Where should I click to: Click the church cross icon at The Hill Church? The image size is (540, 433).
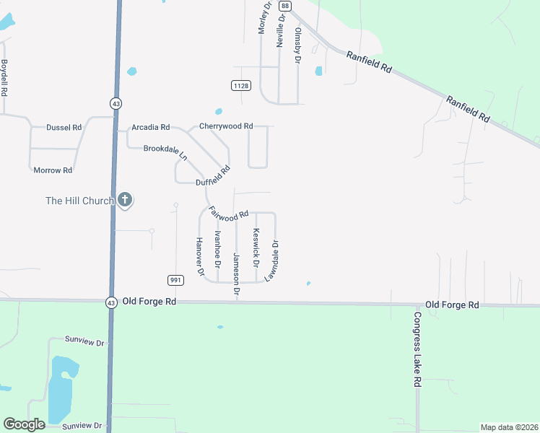click(x=125, y=200)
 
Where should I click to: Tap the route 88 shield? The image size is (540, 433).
click(x=287, y=6)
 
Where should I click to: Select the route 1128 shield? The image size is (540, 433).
click(x=241, y=86)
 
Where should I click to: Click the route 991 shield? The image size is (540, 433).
click(x=175, y=279)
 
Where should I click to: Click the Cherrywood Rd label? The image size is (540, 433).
click(x=226, y=126)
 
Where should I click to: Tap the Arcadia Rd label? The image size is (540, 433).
click(x=150, y=127)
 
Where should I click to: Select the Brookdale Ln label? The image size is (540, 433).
click(x=165, y=152)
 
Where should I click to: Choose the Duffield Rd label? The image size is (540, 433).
click(x=213, y=177)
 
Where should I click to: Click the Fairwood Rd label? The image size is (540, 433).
click(x=228, y=214)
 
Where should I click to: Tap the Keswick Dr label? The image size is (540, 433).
click(x=256, y=246)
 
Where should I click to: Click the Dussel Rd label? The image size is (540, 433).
click(x=64, y=127)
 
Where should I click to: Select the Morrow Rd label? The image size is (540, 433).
click(x=53, y=170)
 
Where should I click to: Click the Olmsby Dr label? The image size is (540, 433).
click(x=297, y=45)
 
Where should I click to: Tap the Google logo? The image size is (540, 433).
click(x=24, y=424)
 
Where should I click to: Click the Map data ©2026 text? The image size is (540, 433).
click(x=508, y=427)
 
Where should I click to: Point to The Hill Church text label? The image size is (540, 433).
click(x=79, y=201)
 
